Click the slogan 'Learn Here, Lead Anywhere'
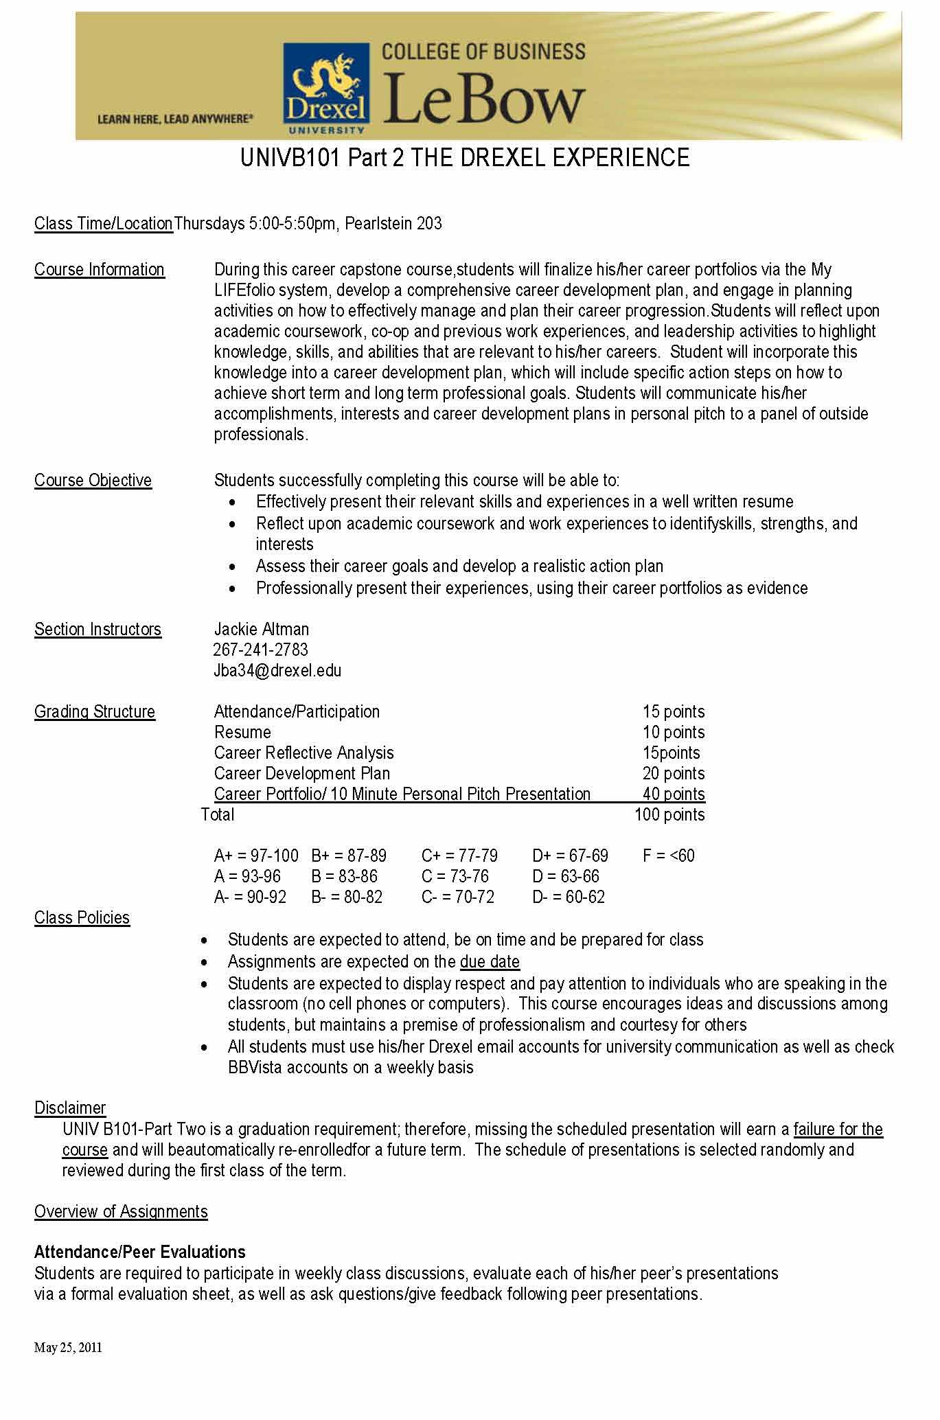175,119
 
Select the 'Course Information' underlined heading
100,270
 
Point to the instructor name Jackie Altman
262,629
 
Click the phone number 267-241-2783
261,650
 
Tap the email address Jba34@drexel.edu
277,670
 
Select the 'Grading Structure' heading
95,711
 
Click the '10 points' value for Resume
674,732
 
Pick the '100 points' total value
669,814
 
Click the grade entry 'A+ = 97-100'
256,856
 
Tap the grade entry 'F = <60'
669,856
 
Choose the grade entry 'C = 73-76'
455,876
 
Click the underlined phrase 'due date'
490,961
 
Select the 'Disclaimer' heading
70,1108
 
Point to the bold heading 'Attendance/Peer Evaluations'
140,1252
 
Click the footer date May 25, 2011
68,1347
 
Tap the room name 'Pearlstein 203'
393,224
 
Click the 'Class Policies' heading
82,917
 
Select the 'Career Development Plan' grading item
302,773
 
